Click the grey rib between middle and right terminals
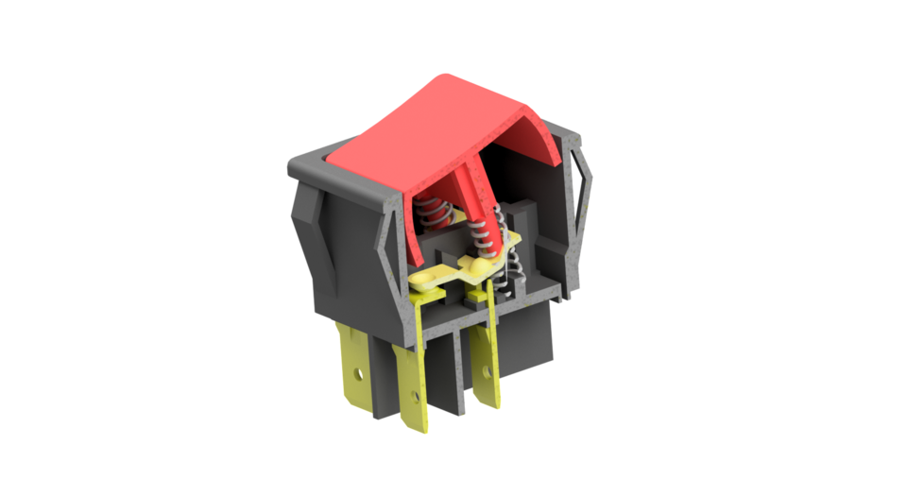(x=460, y=373)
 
